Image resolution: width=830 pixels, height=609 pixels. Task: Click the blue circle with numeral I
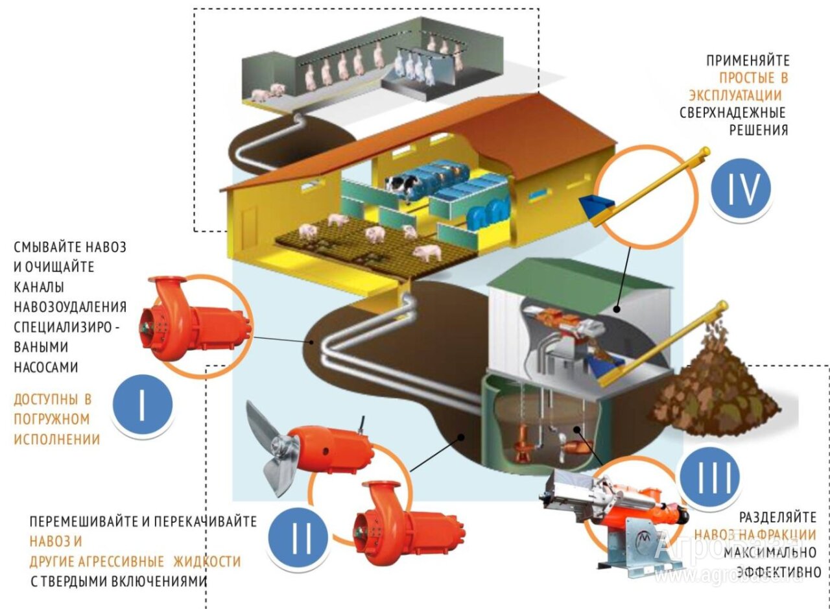pyautogui.click(x=142, y=405)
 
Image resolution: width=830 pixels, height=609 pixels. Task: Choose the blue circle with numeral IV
pyautogui.click(x=740, y=189)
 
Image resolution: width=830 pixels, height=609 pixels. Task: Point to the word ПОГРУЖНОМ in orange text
pyautogui.click(x=52, y=419)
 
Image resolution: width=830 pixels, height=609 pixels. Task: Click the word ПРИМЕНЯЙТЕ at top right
pyautogui.click(x=748, y=61)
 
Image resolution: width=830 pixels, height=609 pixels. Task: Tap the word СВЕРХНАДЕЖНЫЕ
pyautogui.click(x=733, y=112)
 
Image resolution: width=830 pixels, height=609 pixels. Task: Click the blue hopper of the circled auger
pyautogui.click(x=597, y=207)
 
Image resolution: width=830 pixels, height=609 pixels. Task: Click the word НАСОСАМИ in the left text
pyautogui.click(x=46, y=367)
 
